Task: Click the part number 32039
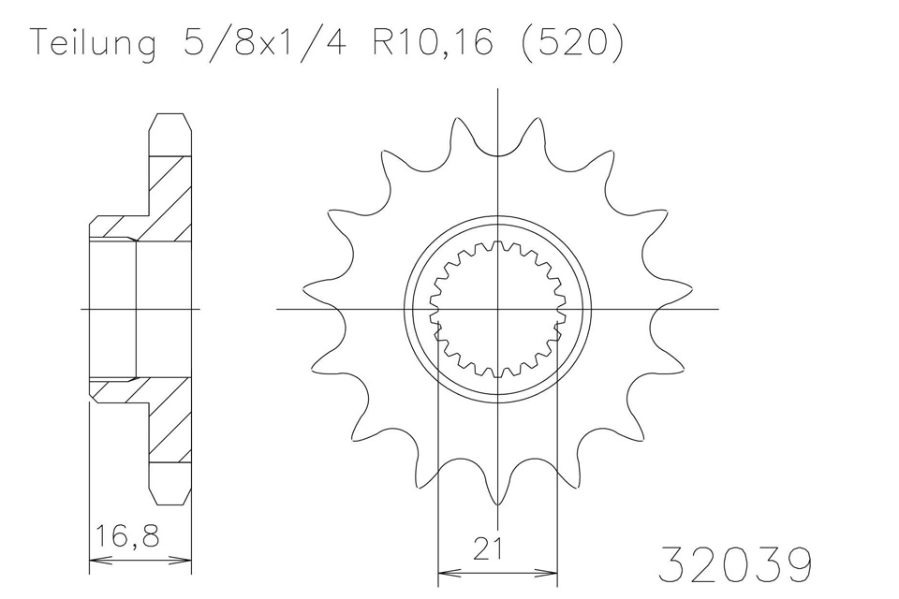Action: pos(736,564)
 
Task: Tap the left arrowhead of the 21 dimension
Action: pos(445,570)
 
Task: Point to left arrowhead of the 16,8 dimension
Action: pos(95,562)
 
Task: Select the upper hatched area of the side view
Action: pos(169,201)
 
